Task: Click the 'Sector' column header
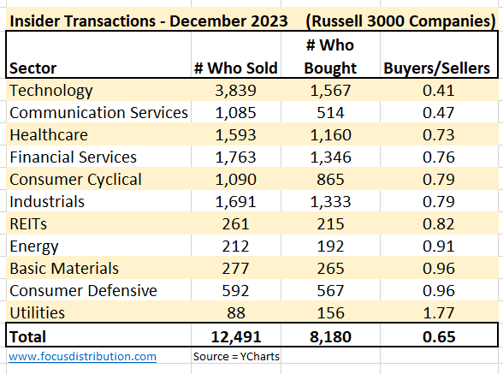click(33, 68)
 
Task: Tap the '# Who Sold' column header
click(236, 68)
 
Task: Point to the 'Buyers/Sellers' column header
click(436, 68)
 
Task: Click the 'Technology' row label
click(50, 90)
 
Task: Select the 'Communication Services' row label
click(98, 112)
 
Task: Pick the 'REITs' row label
click(31, 224)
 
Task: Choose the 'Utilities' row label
click(37, 313)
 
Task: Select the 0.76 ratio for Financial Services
click(436, 157)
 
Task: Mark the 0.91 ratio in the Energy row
click(436, 246)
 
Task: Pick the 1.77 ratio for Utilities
click(436, 313)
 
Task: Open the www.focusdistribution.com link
click(83, 356)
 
